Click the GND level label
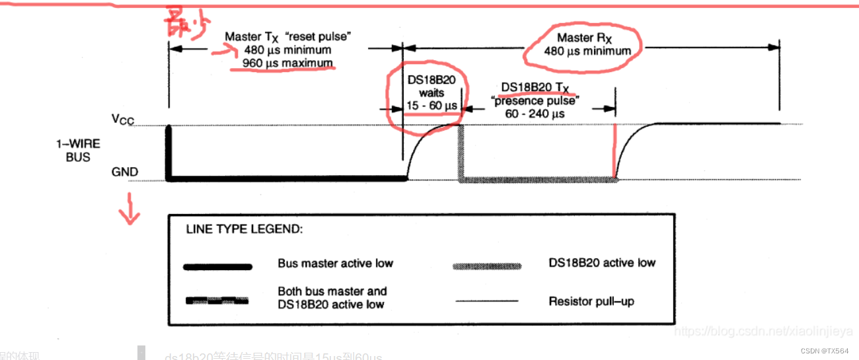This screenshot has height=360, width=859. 125,172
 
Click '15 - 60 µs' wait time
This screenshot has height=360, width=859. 431,106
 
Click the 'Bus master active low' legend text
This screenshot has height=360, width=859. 335,264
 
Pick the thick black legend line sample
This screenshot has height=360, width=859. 218,267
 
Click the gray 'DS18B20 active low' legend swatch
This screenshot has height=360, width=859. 486,266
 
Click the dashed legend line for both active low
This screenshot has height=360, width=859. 218,301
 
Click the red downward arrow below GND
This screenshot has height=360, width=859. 130,209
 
